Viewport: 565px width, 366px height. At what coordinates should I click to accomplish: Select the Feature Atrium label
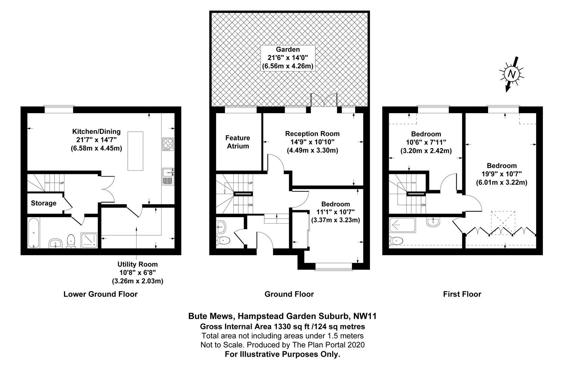[x=238, y=142]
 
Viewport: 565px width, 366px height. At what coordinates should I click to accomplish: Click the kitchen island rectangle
[x=135, y=151]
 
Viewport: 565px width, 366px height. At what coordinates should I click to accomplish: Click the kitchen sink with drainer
[x=168, y=176]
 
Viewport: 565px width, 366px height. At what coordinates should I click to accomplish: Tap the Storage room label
[x=44, y=203]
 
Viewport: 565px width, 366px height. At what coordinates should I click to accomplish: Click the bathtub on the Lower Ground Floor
[x=34, y=233]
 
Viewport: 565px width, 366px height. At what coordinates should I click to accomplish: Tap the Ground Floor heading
[x=289, y=294]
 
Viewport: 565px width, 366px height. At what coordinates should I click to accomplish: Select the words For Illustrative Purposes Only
[x=282, y=354]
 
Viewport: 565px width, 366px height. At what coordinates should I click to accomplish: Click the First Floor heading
[x=462, y=294]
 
